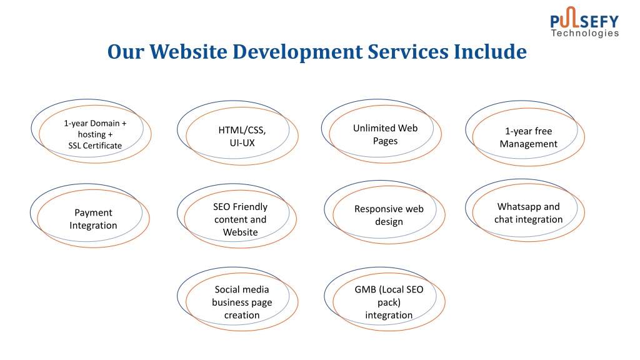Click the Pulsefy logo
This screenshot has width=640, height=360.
584,22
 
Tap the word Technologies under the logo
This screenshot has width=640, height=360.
585,33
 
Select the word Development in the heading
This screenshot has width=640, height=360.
297,52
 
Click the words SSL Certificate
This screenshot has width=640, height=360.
95,146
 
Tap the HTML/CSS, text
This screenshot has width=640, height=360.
242,130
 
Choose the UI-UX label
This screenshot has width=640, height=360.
242,143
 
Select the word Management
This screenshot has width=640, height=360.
529,144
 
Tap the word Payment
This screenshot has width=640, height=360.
93,213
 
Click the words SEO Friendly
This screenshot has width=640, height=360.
241,206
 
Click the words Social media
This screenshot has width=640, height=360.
242,289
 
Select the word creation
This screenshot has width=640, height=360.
242,315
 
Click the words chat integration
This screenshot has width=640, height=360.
529,219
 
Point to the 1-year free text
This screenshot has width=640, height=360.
529,131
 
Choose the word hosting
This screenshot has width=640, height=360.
92,135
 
